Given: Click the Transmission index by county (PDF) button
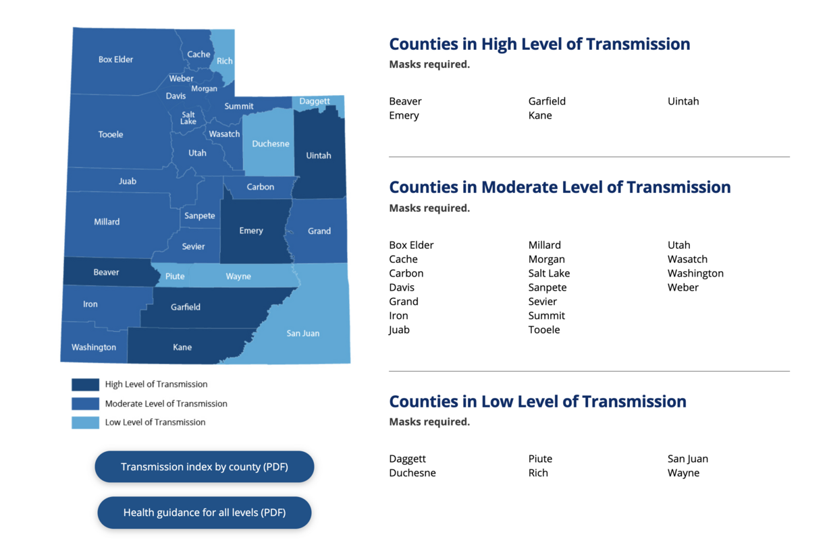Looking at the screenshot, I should [x=204, y=467].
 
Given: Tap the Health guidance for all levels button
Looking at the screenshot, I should [x=204, y=513].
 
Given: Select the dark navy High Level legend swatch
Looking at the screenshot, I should [x=85, y=384].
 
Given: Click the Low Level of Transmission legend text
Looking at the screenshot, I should [x=155, y=422].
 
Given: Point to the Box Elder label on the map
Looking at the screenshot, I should [x=115, y=59].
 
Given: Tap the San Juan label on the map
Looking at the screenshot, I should [x=302, y=333].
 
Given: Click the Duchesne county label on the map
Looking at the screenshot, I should [x=270, y=144].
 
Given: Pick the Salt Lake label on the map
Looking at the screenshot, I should [x=188, y=118].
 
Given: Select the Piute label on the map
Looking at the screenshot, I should [x=175, y=277].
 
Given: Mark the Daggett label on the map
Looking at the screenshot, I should [x=315, y=102].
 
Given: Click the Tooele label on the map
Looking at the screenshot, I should [x=111, y=135].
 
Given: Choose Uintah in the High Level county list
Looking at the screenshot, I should [x=683, y=101].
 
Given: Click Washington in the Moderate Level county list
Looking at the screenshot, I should [x=695, y=273].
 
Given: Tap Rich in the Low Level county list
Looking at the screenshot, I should [x=538, y=473].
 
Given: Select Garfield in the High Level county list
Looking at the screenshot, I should [x=547, y=101].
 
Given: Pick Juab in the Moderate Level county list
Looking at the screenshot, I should [x=399, y=330].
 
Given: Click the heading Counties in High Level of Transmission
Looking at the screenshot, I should [x=539, y=45].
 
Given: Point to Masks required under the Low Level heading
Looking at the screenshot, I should [x=429, y=422].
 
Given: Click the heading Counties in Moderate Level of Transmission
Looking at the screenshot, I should [x=560, y=187].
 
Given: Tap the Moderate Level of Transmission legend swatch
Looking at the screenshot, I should [x=85, y=404].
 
